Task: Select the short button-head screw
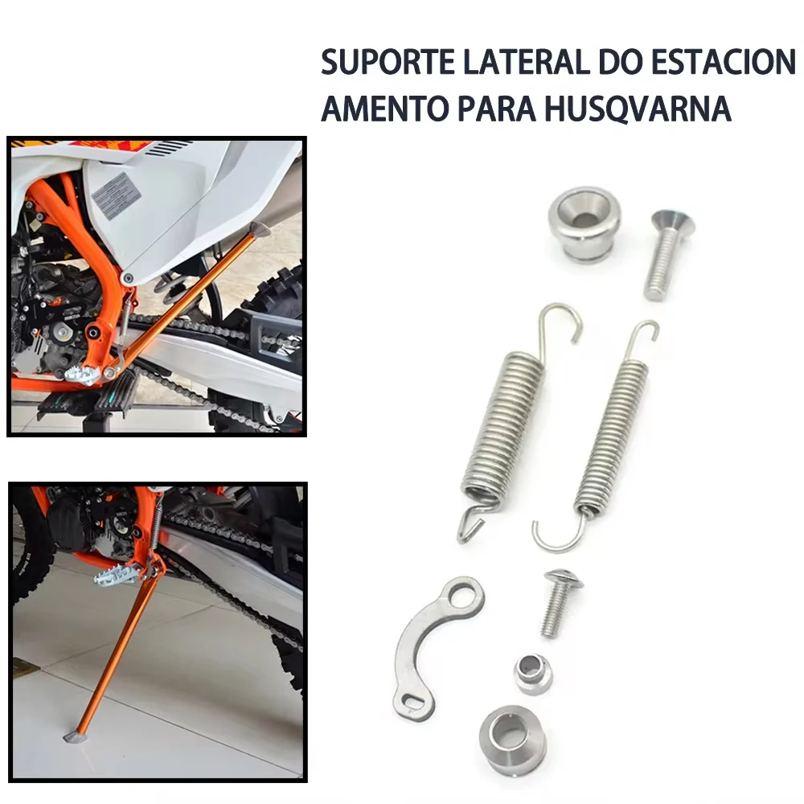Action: pyautogui.click(x=556, y=603)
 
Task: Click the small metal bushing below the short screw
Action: pyautogui.click(x=533, y=672)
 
